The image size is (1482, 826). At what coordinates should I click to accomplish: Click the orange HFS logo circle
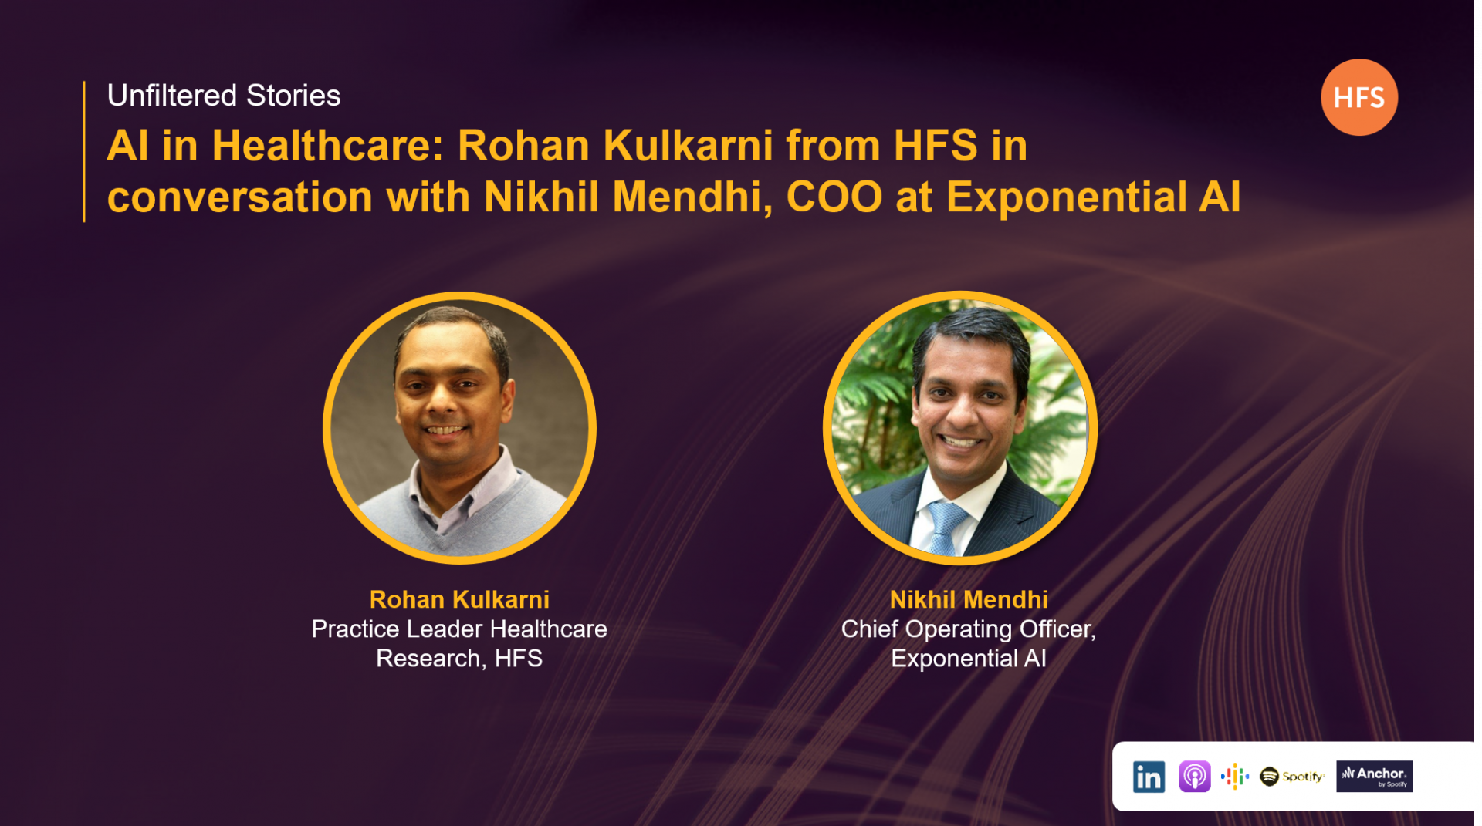tap(1358, 97)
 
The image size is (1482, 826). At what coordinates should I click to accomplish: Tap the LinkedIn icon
tap(1149, 777)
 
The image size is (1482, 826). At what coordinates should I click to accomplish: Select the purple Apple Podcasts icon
tap(1194, 777)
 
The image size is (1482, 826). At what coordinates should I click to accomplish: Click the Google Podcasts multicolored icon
tap(1235, 777)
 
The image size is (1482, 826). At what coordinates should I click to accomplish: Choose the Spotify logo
tap(1291, 777)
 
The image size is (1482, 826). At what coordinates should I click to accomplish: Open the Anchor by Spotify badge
tap(1374, 777)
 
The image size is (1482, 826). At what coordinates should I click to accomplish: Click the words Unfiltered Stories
tap(224, 96)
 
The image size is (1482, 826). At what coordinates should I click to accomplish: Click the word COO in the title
tap(834, 197)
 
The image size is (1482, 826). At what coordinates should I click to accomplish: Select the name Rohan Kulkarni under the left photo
tap(459, 599)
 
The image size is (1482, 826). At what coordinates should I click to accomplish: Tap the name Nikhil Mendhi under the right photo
tap(969, 599)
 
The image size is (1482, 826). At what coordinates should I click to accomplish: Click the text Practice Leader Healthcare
tap(459, 629)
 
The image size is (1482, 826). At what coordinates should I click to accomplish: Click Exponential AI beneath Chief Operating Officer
tap(969, 659)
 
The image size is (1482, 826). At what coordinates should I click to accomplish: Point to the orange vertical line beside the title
tap(84, 151)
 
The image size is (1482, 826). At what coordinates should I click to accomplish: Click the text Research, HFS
tap(459, 659)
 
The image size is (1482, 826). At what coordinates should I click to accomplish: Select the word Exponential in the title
tap(1066, 197)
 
